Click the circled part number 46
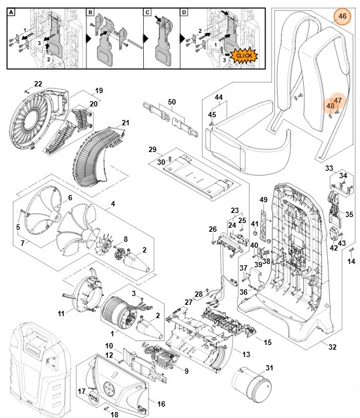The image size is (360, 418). (x=343, y=15)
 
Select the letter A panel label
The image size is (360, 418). (x=11, y=13)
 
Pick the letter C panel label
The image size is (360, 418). (x=148, y=13)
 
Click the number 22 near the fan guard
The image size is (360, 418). (x=38, y=84)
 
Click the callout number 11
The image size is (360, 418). (x=60, y=313)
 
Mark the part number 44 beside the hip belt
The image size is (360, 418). (x=218, y=98)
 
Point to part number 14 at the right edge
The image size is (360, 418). (x=352, y=261)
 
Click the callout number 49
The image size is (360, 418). (x=264, y=200)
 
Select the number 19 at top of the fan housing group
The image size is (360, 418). (x=98, y=90)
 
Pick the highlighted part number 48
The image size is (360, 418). (x=330, y=106)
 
